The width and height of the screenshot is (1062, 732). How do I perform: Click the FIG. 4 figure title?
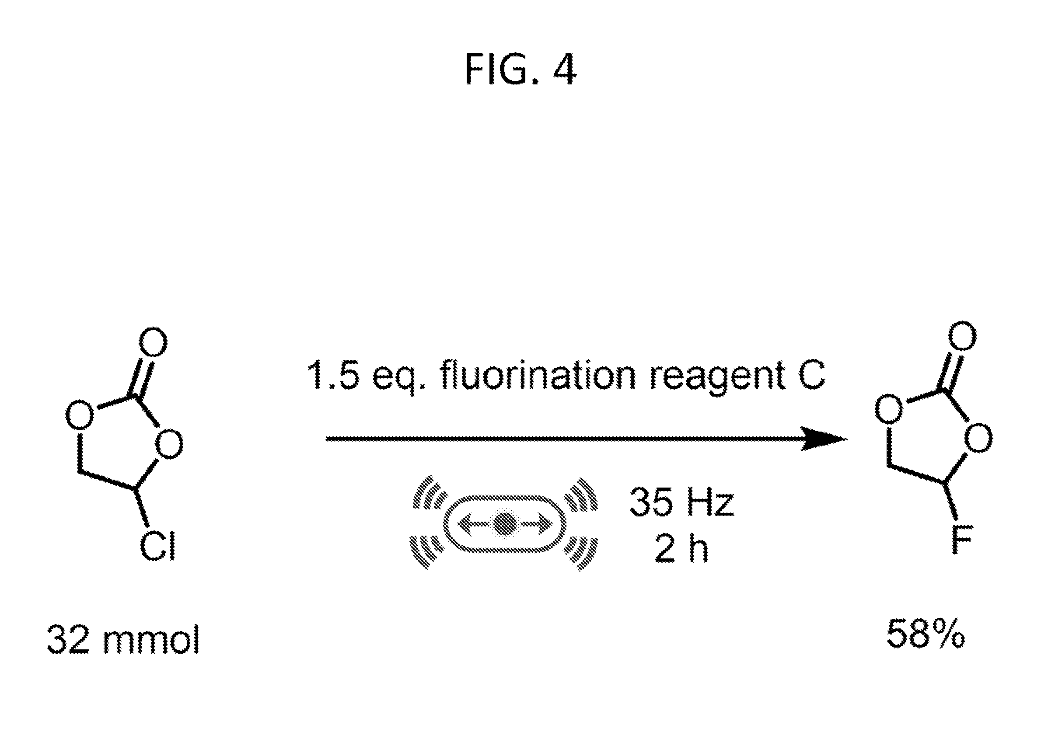[521, 69]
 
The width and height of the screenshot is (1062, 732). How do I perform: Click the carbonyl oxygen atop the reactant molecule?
[153, 342]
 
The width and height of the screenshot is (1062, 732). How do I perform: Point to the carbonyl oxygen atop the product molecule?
[962, 335]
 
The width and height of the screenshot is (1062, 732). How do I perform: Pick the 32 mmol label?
[123, 639]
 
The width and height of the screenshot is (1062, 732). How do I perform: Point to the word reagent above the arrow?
[718, 377]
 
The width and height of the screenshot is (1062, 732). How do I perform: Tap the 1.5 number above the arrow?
[335, 375]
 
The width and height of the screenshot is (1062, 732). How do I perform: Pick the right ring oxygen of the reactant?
[169, 443]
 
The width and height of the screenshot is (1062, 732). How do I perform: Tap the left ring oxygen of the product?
[889, 408]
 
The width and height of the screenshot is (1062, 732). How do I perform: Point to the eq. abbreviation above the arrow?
[398, 378]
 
